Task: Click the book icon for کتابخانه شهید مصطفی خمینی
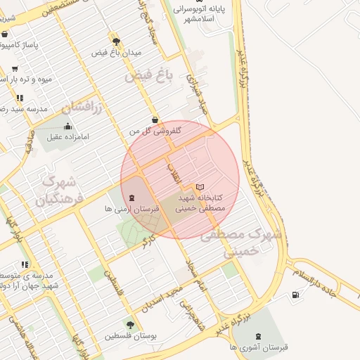click(x=201, y=187)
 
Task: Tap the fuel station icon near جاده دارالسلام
click(x=295, y=294)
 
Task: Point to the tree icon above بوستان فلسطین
click(x=130, y=324)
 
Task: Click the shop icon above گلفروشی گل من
click(x=155, y=120)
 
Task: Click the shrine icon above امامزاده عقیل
click(x=67, y=126)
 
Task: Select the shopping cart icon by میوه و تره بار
click(x=15, y=69)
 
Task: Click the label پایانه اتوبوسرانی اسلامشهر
click(x=214, y=14)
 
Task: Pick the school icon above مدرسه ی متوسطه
click(x=25, y=264)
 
